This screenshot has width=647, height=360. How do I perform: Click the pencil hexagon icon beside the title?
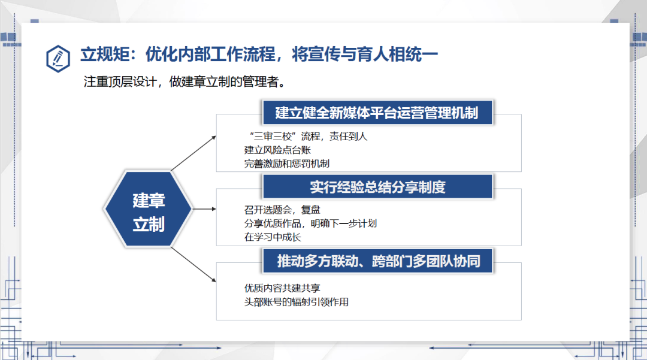point(58,59)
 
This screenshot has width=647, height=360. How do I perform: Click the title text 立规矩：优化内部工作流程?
point(178,55)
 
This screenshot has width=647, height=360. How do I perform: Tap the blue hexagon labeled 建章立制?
point(149,209)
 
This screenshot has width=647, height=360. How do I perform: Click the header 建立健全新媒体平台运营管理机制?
point(377,113)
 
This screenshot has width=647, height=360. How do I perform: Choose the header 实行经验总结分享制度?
point(377,187)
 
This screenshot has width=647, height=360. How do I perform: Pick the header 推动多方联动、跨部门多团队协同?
point(377,261)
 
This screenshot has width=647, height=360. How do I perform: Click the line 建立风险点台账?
point(277,150)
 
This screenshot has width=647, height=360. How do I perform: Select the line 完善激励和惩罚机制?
point(287,164)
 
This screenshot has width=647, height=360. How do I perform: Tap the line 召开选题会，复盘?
point(282,210)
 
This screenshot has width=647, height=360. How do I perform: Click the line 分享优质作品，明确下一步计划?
point(310,223)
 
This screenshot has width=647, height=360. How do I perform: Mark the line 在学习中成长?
point(273,237)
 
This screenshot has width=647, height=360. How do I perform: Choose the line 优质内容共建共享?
point(282,288)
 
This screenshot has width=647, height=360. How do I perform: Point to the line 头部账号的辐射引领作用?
point(297,302)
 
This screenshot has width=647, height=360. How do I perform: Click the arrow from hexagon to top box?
point(194,153)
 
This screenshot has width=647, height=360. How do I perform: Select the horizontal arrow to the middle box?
point(205,209)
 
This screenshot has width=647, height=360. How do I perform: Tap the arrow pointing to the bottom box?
point(194,265)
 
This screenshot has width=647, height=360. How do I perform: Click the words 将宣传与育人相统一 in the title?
point(365,55)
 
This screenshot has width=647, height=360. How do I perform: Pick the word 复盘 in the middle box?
point(311,210)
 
